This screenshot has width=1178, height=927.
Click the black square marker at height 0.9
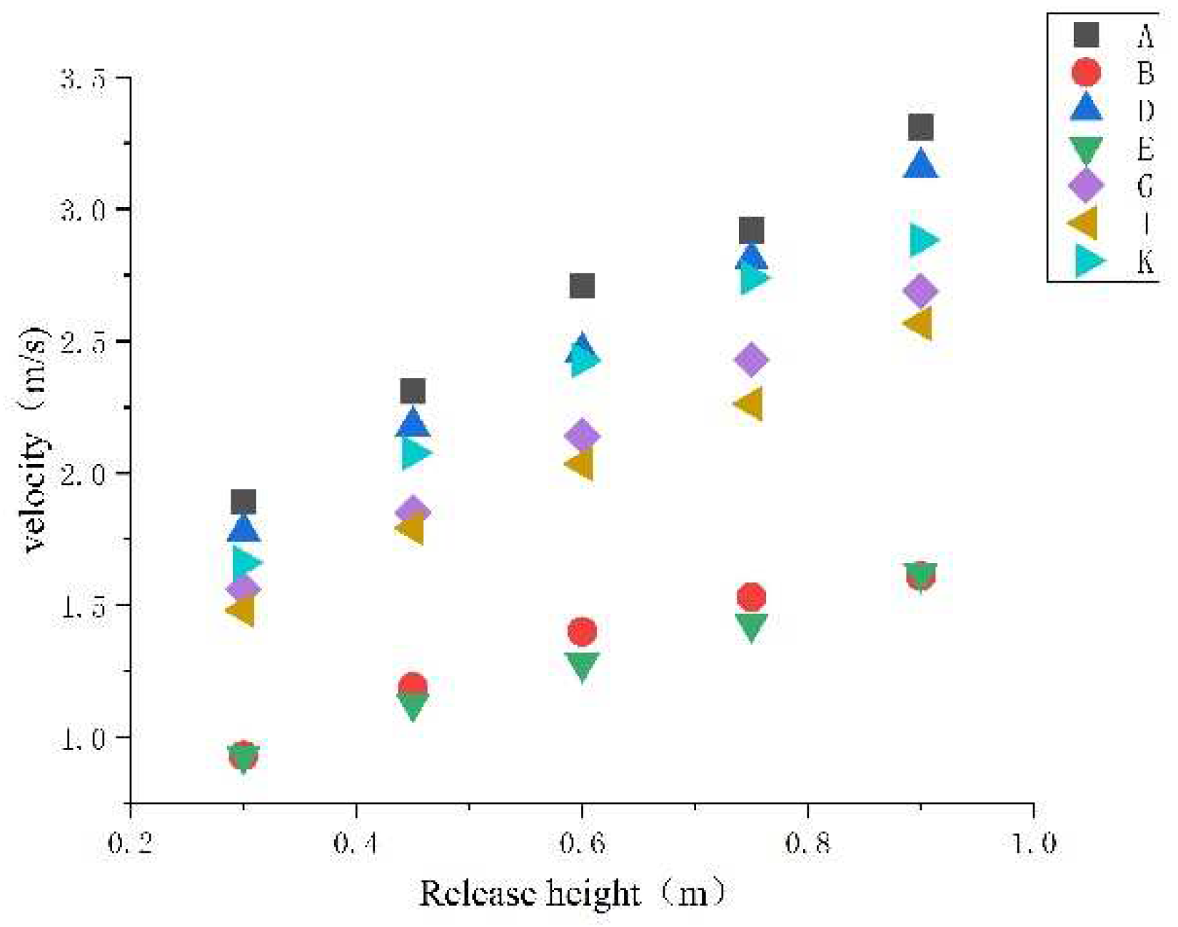click(x=921, y=128)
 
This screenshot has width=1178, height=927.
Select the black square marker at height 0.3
click(x=243, y=501)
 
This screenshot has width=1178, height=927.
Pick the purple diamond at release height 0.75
click(x=751, y=358)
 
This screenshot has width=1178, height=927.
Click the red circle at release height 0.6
click(x=583, y=631)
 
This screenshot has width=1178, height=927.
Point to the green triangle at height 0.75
click(x=751, y=625)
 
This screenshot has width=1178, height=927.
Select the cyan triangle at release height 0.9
click(x=922, y=240)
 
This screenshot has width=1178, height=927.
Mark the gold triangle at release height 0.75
click(x=750, y=405)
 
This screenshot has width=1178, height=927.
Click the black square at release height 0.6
click(x=583, y=286)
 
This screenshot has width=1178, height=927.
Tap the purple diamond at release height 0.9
click(x=921, y=290)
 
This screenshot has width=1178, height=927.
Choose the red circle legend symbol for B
click(x=1086, y=73)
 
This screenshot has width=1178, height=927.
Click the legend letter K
click(x=1145, y=263)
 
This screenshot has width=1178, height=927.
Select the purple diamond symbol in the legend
click(x=1086, y=186)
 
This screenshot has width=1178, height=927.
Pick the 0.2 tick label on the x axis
click(x=130, y=844)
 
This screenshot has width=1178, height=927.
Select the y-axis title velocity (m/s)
click(x=34, y=439)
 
